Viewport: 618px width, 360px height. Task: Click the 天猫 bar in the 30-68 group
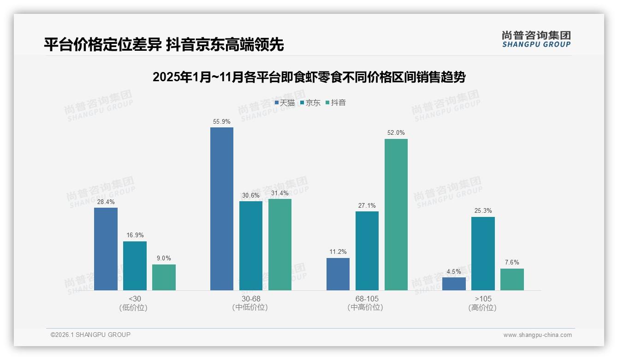(222, 209)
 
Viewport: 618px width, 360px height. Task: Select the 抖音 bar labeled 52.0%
(396, 215)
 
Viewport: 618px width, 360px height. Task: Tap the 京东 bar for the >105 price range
(483, 253)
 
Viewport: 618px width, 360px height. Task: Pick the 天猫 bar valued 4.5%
(454, 284)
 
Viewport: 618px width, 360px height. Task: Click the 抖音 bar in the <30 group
(164, 277)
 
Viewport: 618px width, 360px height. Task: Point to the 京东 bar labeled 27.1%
(367, 251)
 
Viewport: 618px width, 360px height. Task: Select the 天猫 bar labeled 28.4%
(106, 249)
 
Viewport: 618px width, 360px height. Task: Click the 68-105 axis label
(367, 299)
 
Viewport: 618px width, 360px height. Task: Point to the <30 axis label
(135, 299)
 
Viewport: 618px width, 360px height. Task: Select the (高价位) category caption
(482, 308)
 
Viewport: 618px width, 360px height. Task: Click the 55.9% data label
(222, 122)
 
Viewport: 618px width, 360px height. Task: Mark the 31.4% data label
(280, 193)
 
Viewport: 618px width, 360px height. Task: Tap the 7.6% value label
(512, 263)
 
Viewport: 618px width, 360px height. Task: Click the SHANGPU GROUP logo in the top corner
(536, 39)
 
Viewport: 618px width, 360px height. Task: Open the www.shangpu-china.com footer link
(537, 335)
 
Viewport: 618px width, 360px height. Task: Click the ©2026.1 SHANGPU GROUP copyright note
(90, 335)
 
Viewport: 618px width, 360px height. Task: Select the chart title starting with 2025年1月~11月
(309, 77)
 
